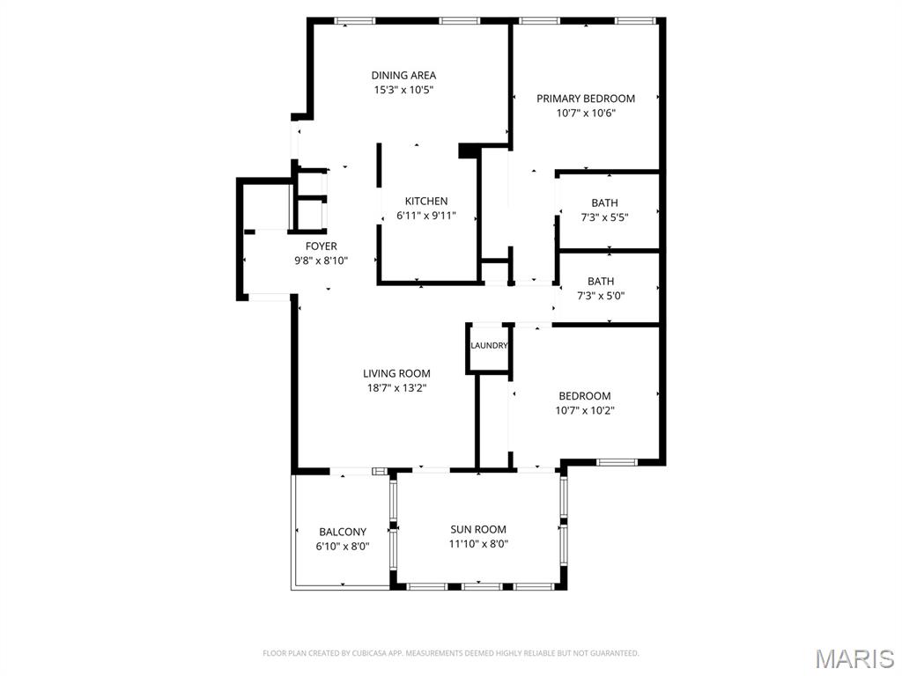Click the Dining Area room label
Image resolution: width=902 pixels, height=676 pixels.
(x=403, y=76)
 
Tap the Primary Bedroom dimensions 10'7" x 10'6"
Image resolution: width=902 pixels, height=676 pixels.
(x=586, y=114)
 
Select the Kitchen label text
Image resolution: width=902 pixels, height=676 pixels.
(x=426, y=202)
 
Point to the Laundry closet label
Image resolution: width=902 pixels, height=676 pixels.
(x=489, y=345)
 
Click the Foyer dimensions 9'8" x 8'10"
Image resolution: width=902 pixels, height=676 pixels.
(x=321, y=261)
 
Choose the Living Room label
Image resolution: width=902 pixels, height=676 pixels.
(x=396, y=373)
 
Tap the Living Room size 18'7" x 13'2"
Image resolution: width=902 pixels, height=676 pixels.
(x=396, y=388)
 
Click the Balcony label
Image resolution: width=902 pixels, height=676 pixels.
(x=343, y=533)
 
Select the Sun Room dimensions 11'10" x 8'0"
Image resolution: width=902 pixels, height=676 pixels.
(x=478, y=544)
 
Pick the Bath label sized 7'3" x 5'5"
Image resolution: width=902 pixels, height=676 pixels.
(x=604, y=203)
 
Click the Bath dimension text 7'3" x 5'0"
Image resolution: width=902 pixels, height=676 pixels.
(x=601, y=297)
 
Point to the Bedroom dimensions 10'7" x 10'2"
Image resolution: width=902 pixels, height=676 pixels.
(x=585, y=410)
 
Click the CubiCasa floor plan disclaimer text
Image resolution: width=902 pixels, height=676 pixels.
(x=450, y=653)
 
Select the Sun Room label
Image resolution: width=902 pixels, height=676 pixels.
(x=478, y=529)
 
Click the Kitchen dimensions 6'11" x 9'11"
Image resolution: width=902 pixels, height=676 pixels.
(x=426, y=217)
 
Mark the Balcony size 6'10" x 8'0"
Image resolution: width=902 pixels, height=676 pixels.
(x=343, y=547)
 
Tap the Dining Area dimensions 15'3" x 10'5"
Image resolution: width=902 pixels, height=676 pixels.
(x=403, y=91)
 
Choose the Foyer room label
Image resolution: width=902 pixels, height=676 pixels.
(x=321, y=246)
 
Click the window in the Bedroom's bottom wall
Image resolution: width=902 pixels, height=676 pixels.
(x=617, y=462)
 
